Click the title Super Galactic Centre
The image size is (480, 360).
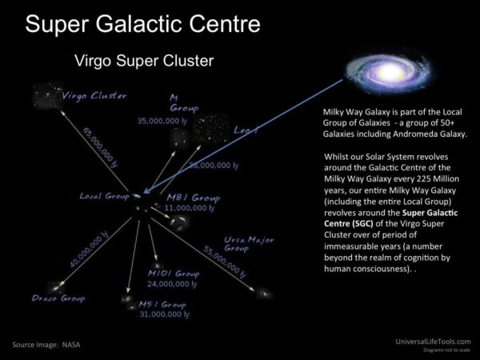pos(142,23)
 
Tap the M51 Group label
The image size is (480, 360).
pos(162,305)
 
